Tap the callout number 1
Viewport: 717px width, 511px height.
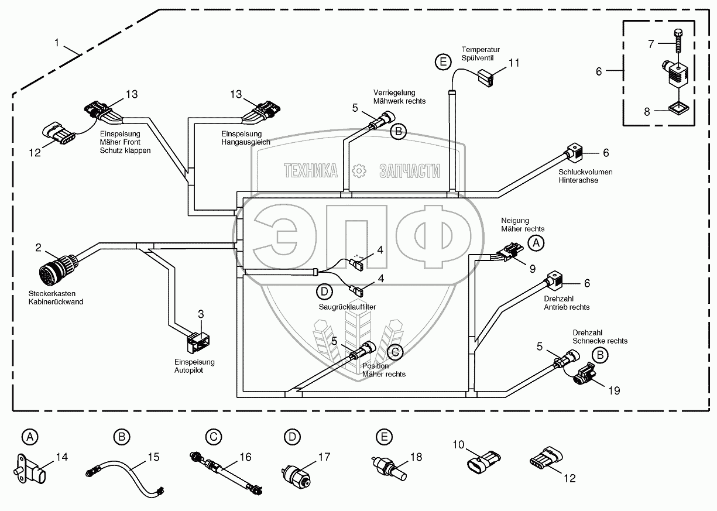[57, 43]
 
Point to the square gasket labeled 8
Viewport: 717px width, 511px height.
[677, 109]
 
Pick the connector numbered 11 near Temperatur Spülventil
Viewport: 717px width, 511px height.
[485, 77]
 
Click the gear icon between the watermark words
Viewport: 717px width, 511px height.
[358, 170]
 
